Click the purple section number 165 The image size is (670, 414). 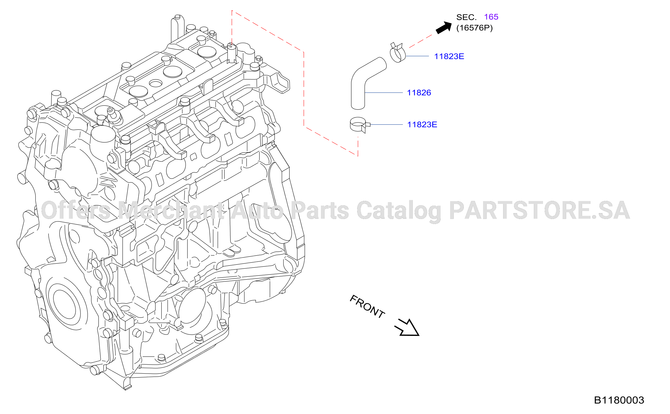click(491, 17)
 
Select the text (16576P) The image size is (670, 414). click(474, 28)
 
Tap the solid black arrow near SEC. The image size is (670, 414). click(444, 28)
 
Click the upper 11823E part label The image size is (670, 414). click(449, 56)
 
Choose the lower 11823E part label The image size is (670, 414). click(422, 124)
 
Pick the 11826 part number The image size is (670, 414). click(419, 93)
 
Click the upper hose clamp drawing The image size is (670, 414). click(397, 53)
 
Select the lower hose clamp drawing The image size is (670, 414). click(359, 125)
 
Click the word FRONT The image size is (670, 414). click(367, 307)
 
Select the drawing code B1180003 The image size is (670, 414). click(619, 400)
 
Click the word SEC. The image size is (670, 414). click(466, 17)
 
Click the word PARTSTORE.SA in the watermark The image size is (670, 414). click(539, 210)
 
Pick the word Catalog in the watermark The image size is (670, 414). click(399, 211)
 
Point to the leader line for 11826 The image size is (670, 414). click(384, 93)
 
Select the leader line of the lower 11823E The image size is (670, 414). click(386, 124)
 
